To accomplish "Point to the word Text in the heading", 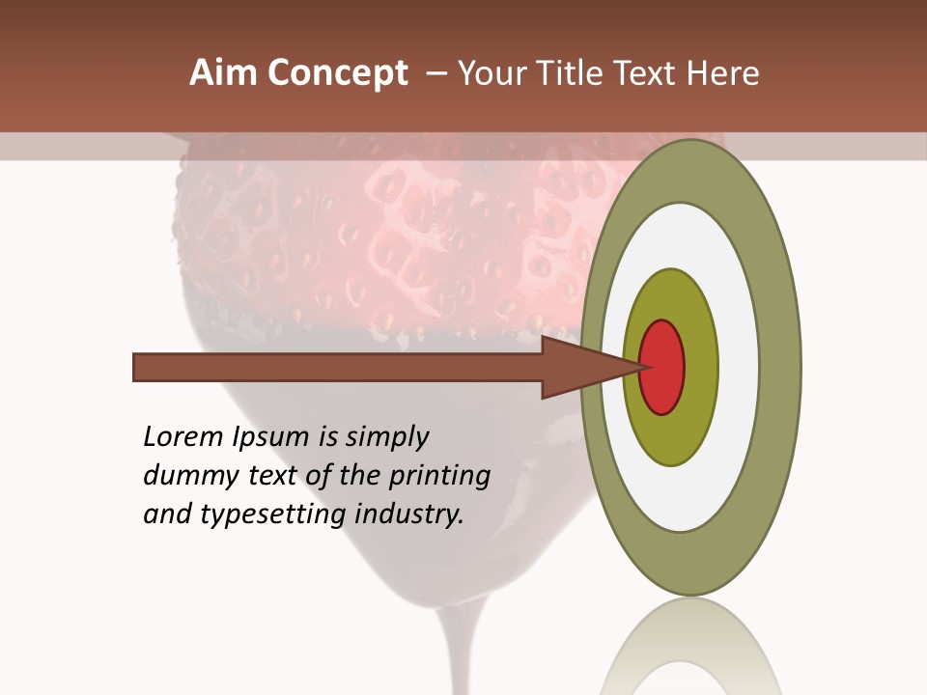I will pyautogui.click(x=646, y=73).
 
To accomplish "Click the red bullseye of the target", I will pyautogui.click(x=662, y=367).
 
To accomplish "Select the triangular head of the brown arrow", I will pyautogui.click(x=579, y=368).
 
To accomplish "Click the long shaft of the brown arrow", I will pyautogui.click(x=338, y=368).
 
